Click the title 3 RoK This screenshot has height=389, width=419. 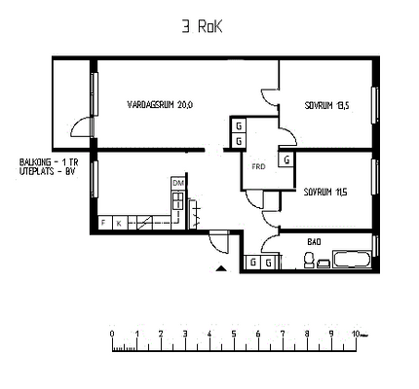point(202,27)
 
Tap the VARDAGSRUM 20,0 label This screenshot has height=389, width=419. point(160,105)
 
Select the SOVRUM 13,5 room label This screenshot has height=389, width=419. point(326,106)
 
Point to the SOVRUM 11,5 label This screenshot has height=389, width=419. point(325,193)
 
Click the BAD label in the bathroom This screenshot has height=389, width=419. point(314,242)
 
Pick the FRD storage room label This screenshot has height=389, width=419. point(258,166)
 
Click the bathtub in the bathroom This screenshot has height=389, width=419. point(352,260)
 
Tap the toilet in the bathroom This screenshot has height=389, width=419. point(309,260)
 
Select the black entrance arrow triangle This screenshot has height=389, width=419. point(221,268)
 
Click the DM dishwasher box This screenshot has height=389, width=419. point(178,184)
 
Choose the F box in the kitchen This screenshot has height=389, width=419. point(104,223)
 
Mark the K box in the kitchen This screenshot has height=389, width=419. point(119,223)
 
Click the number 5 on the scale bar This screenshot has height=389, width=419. point(234,334)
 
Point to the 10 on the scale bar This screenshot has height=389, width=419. point(356,334)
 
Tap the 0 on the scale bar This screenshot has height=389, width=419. point(112,334)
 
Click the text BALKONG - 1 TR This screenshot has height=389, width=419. point(49,161)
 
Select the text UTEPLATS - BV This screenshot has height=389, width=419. point(48,171)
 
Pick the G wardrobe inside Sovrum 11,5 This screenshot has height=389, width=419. point(286,159)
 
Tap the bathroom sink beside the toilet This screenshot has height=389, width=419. point(324,264)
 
